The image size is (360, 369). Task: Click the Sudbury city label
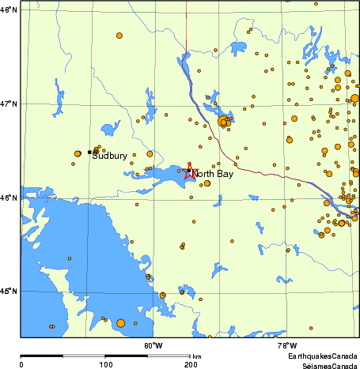pos(109,156)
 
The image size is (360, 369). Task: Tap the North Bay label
pos(212,174)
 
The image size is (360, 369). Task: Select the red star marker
pos(189,172)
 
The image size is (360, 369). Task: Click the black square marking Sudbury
pos(89,152)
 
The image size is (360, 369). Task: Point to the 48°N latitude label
pos(9,9)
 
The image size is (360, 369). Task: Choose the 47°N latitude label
pos(9,104)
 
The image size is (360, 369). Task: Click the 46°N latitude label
pos(9,198)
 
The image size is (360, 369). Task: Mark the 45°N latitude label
pos(9,292)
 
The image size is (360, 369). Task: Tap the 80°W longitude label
pos(153,345)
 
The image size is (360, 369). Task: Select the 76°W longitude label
pos(287,345)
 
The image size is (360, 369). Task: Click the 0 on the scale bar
pos(21,364)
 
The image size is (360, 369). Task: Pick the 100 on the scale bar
pos(105,364)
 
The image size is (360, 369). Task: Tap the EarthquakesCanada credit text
pos(322,357)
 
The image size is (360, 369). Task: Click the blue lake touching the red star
pos(162,175)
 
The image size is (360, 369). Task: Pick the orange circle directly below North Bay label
pos(207,183)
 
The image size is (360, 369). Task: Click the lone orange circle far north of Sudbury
pos(119,36)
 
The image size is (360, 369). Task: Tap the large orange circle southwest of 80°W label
pos(120,322)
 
